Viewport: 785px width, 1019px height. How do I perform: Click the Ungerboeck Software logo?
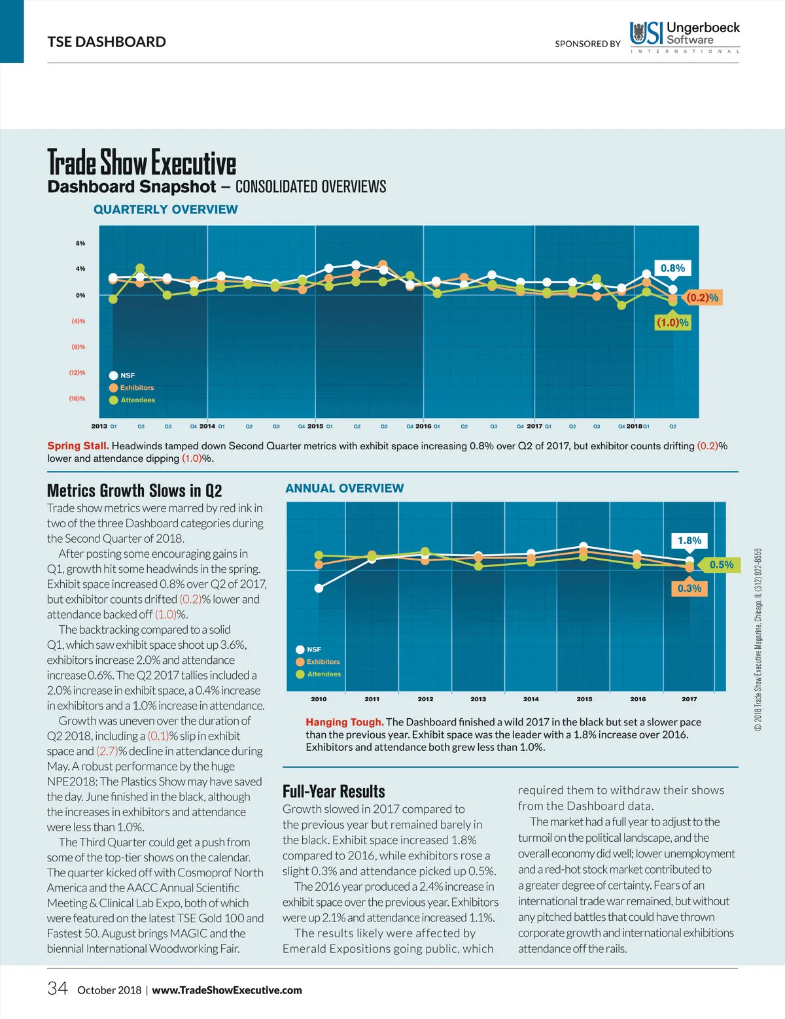[x=684, y=37]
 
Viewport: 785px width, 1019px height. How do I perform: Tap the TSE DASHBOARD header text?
[x=107, y=42]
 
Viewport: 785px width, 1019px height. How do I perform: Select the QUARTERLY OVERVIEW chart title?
[x=166, y=209]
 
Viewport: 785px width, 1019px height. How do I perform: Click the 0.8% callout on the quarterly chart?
[x=672, y=268]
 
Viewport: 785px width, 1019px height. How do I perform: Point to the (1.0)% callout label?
[x=672, y=322]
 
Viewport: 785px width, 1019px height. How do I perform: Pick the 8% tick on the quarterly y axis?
[x=80, y=243]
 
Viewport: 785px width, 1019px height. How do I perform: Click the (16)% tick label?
[x=77, y=398]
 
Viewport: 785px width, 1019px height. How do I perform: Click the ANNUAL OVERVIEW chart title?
[x=344, y=489]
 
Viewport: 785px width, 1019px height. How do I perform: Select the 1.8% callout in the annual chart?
[x=689, y=541]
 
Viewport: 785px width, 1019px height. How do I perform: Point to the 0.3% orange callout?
[x=689, y=589]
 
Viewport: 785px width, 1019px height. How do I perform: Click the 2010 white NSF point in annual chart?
[x=319, y=588]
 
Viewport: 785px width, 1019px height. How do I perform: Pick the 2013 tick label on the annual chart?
[x=478, y=699]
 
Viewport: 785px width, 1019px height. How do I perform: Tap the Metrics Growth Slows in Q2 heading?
[x=134, y=491]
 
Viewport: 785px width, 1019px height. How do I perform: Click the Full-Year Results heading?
[x=334, y=791]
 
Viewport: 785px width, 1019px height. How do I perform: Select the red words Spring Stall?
[x=78, y=446]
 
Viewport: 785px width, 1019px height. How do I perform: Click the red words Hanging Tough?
[x=344, y=722]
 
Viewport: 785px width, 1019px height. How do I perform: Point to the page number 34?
[x=58, y=988]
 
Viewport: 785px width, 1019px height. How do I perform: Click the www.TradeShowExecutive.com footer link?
[x=227, y=990]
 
